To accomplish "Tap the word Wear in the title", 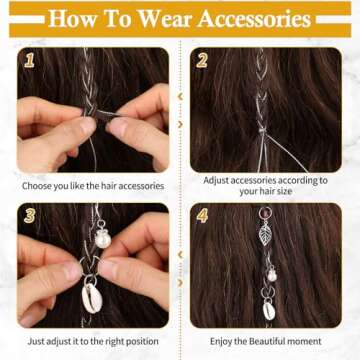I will [164, 19].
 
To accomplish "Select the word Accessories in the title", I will [256, 19].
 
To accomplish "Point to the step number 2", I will [201, 60].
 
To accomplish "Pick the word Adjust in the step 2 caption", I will [220, 180].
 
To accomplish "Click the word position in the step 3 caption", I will [147, 342].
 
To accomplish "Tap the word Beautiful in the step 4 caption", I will [277, 342].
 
